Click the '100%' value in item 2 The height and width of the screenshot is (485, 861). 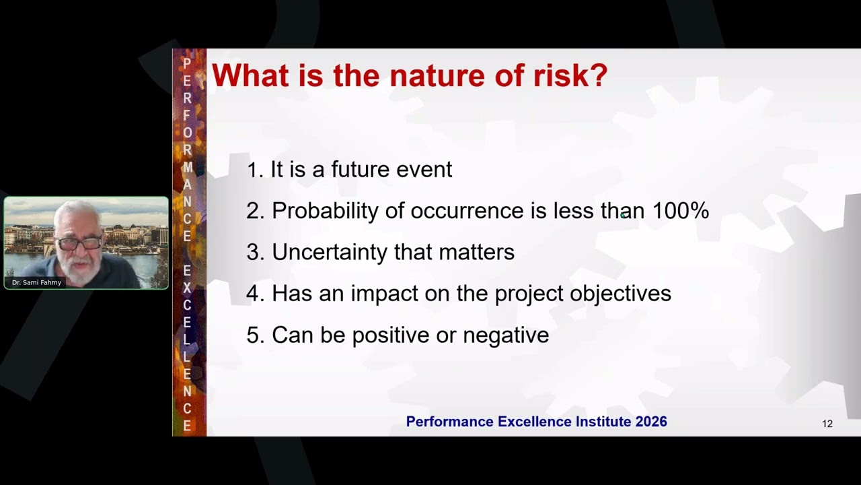[680, 211]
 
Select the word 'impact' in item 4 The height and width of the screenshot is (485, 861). [381, 294]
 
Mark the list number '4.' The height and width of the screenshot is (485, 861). [255, 294]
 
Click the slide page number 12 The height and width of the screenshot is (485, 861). [827, 424]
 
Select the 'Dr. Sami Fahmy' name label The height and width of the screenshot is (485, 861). [36, 282]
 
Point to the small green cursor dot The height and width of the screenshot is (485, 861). [624, 215]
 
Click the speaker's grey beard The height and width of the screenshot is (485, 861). [79, 263]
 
